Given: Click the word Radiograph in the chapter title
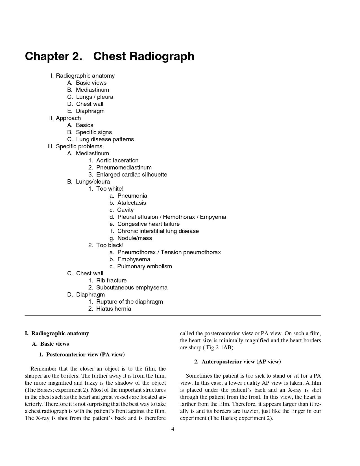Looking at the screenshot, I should [162, 56].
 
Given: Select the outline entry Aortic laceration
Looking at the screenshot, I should [117, 160].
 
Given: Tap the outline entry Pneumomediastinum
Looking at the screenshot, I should [124, 167].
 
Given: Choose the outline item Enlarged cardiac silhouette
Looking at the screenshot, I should [132, 175].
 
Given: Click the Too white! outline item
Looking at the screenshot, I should [110, 189].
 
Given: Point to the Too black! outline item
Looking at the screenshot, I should [110, 245].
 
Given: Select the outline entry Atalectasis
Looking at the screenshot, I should [132, 203].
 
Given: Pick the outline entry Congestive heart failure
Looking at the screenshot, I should [148, 224].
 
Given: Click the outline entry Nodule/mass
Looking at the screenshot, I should [134, 238].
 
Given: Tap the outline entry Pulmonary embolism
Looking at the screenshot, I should [144, 266].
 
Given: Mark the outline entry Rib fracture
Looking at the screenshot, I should [111, 280].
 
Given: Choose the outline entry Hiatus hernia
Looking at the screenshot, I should [114, 309].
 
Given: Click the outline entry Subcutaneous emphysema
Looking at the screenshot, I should [132, 288].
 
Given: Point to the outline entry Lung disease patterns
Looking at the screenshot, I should [105, 139].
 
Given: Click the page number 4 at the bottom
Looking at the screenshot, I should [173, 429].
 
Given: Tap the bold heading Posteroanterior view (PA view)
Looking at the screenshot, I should [85, 354].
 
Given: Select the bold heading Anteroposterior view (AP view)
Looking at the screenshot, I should [241, 362].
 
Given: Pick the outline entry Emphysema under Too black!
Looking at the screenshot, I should [134, 259].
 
